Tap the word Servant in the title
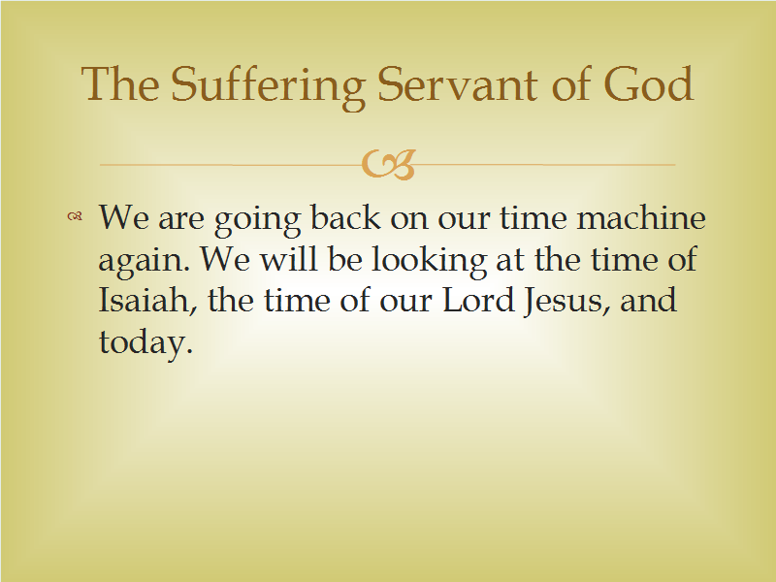[x=457, y=84]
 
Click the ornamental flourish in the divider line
[x=389, y=164]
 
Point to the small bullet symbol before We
[x=75, y=215]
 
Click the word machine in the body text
[x=641, y=217]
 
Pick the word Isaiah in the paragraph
[x=144, y=300]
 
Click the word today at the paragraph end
[x=145, y=342]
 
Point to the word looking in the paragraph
[x=429, y=259]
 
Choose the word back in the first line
[x=345, y=217]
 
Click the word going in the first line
[x=257, y=220]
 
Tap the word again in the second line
[x=144, y=261]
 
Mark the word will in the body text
[x=288, y=258]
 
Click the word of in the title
[x=569, y=84]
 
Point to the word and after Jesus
[x=648, y=300]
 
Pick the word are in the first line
[x=181, y=221]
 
